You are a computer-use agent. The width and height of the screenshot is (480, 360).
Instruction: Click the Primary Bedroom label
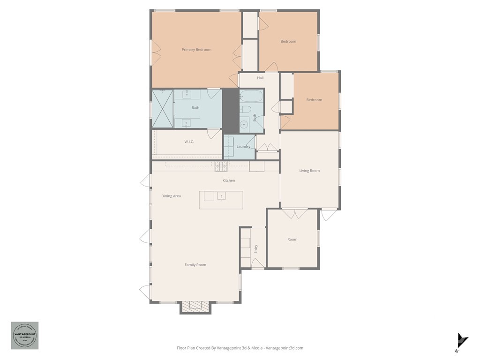pyautogui.click(x=196, y=50)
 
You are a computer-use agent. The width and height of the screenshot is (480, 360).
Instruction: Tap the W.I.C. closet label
pyautogui.click(x=189, y=142)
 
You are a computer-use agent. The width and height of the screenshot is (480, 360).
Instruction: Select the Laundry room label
pyautogui.click(x=243, y=147)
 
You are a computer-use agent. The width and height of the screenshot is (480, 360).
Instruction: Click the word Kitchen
pyautogui.click(x=229, y=180)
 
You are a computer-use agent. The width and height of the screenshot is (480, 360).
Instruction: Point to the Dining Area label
pyautogui.click(x=171, y=196)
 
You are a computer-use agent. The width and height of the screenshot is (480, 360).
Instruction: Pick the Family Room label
pyautogui.click(x=195, y=265)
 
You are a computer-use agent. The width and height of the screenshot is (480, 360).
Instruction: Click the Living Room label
pyautogui.click(x=309, y=171)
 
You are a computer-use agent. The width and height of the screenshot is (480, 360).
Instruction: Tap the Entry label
pyautogui.click(x=256, y=249)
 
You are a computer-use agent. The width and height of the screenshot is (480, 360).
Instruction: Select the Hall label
pyautogui.click(x=260, y=78)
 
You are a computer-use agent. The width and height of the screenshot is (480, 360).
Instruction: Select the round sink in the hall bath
pyautogui.click(x=244, y=125)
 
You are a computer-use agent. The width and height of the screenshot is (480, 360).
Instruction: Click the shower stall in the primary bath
pyautogui.click(x=163, y=108)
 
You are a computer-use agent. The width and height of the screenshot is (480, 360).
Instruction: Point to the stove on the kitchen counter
pyautogui.click(x=221, y=165)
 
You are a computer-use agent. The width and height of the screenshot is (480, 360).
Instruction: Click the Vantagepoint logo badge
pyautogui.click(x=25, y=335)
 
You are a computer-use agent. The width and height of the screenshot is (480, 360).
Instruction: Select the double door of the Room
pyautogui.click(x=295, y=214)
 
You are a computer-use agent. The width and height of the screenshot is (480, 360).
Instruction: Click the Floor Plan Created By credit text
pyautogui.click(x=240, y=348)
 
